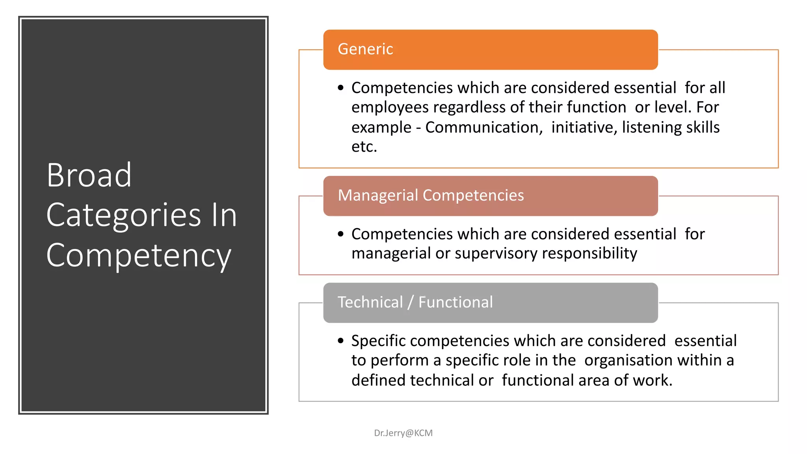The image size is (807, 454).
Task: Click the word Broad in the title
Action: pyautogui.click(x=89, y=175)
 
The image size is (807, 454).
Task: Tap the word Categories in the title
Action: pyautogui.click(x=123, y=216)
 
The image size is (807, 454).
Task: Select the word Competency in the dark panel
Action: pyautogui.click(x=138, y=256)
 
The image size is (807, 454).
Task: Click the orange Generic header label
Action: pyautogui.click(x=365, y=49)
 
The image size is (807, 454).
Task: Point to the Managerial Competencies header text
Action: pyautogui.click(x=431, y=195)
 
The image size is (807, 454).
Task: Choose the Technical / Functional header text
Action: pyautogui.click(x=415, y=302)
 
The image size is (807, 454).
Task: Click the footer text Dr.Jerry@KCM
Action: pyautogui.click(x=403, y=433)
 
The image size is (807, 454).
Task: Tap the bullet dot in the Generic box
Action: pyautogui.click(x=341, y=88)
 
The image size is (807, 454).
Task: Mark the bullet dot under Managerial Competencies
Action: pyautogui.click(x=341, y=234)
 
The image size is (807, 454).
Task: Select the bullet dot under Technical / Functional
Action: pyautogui.click(x=341, y=341)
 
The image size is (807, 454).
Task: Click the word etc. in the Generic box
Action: pyautogui.click(x=364, y=147)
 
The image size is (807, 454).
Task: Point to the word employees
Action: pyautogui.click(x=390, y=107)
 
